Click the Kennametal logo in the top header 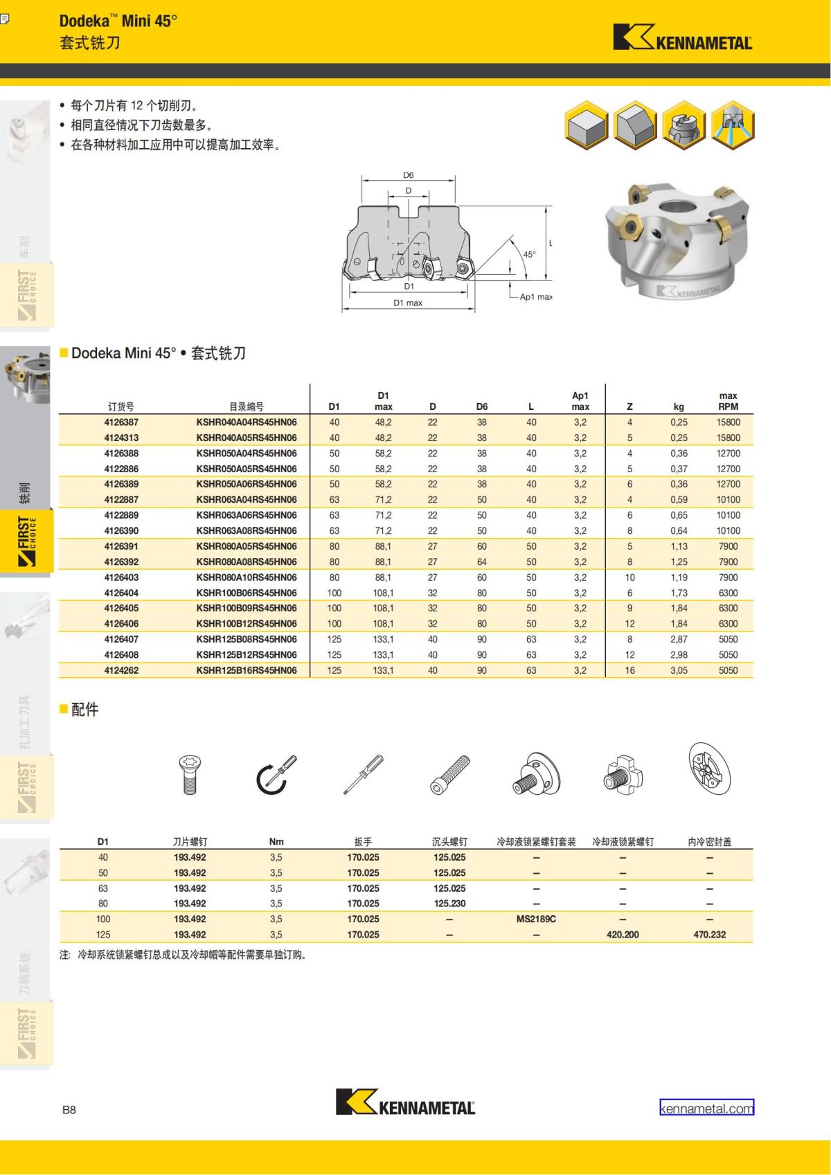coord(683,38)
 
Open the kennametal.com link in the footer coord(706,1108)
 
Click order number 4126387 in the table coord(121,422)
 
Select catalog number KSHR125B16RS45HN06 coord(247,670)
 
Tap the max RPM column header coord(728,402)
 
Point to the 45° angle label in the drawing coord(529,255)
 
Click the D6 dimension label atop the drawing coord(409,176)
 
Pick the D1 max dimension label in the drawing coord(408,303)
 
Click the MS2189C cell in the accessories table coord(536,919)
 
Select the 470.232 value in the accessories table coord(709,935)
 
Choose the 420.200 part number coord(623,935)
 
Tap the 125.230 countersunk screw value coord(449,904)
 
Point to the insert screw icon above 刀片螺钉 coord(190,774)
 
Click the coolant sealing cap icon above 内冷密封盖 coord(709,769)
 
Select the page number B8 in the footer coord(69,1110)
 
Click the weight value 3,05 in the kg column coord(679,670)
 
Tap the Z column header coord(629,407)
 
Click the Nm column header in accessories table coord(276,842)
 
